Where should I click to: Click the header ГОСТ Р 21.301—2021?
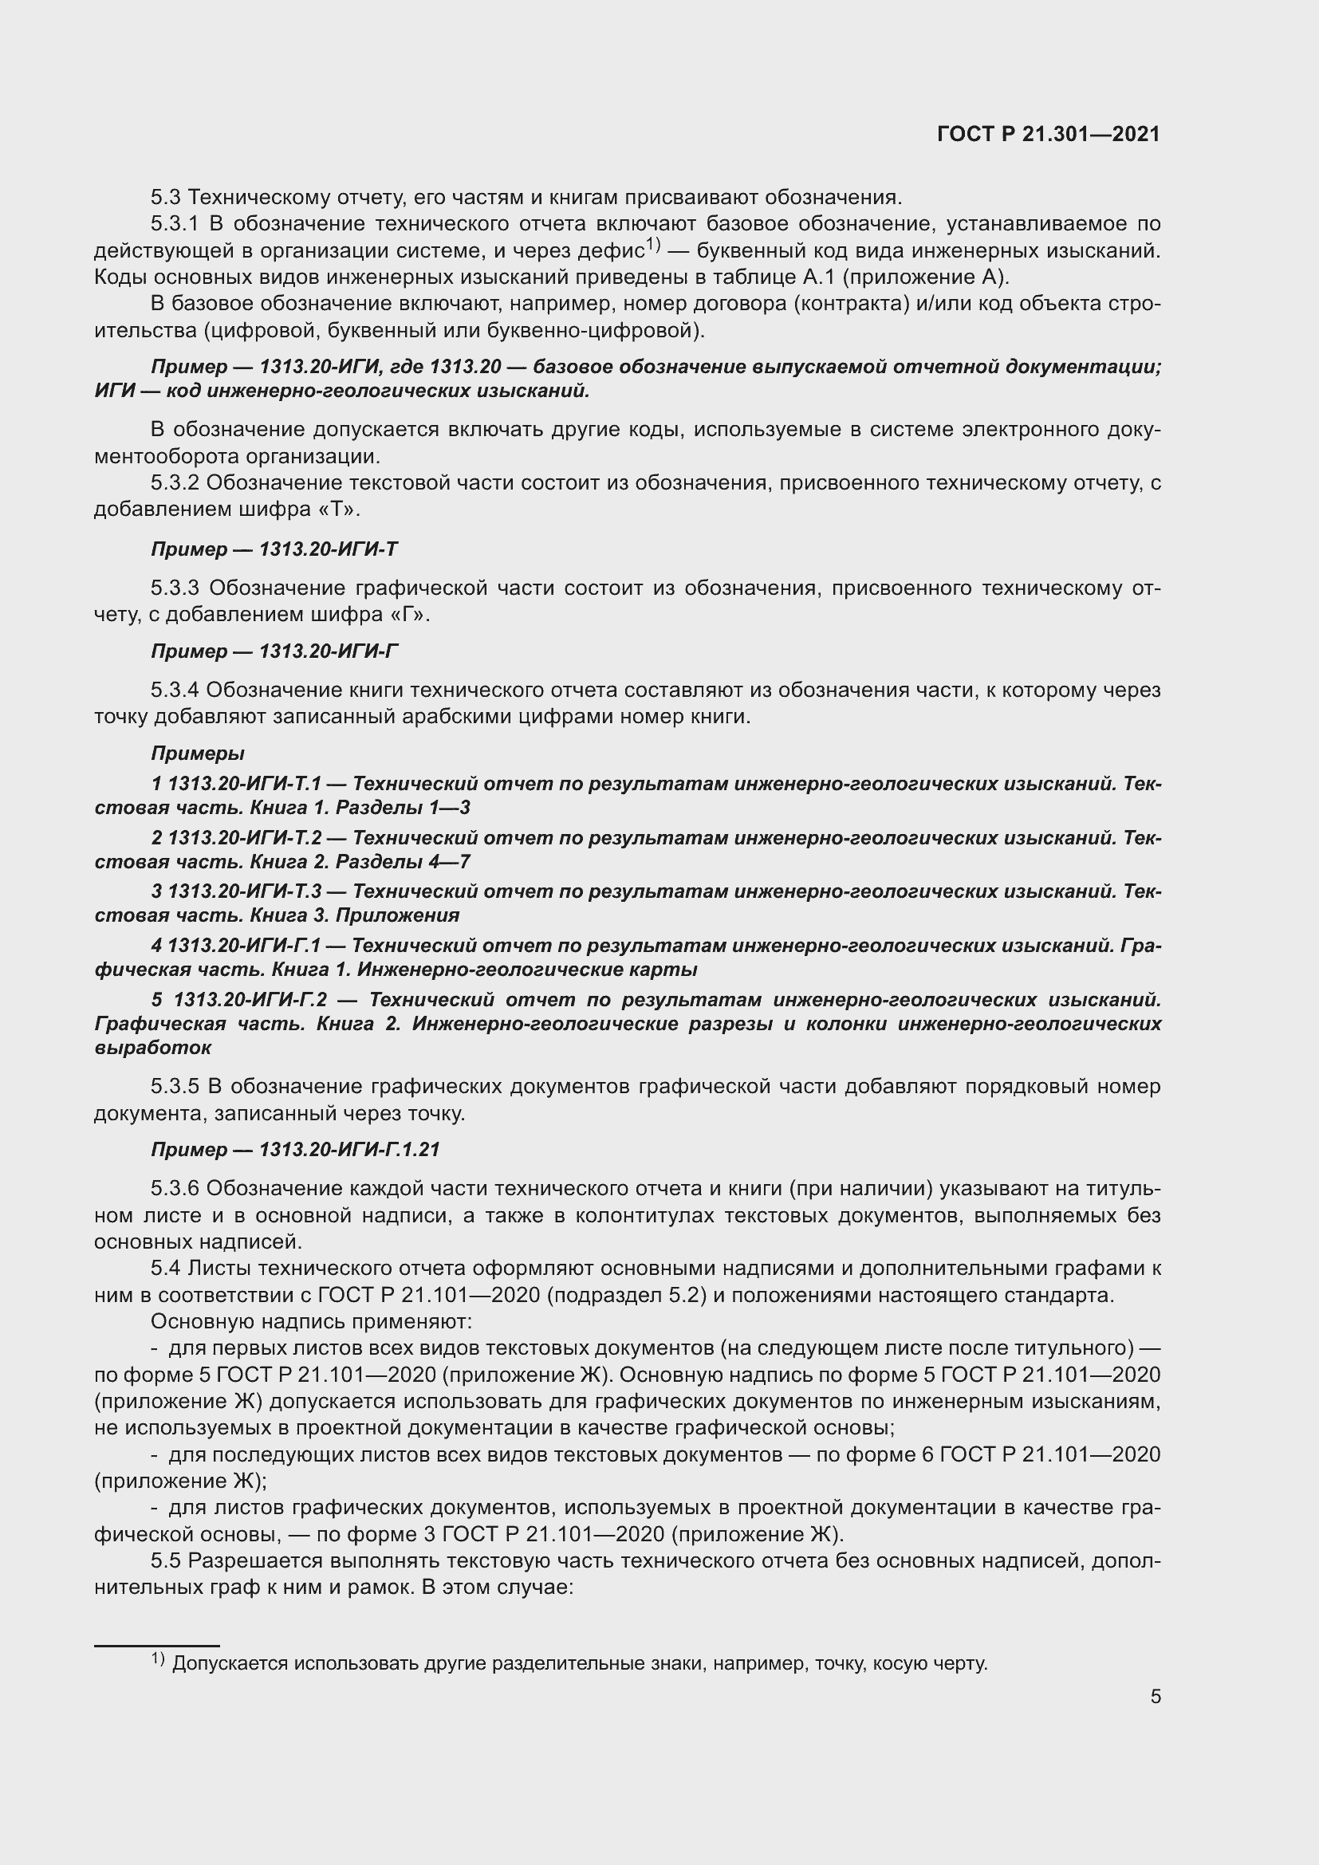1049,134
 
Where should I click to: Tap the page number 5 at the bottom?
1155,1696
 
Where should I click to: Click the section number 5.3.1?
175,223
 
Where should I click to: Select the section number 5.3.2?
175,483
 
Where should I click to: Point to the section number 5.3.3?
175,588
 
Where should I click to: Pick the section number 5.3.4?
175,691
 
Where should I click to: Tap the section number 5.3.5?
175,1086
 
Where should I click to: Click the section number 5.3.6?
175,1188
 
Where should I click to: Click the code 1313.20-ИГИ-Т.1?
244,784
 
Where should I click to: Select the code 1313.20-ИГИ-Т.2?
244,837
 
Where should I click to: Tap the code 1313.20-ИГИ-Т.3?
244,891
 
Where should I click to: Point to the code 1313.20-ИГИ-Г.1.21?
349,1150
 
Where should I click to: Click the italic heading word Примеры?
197,753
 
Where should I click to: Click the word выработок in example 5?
152,1048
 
